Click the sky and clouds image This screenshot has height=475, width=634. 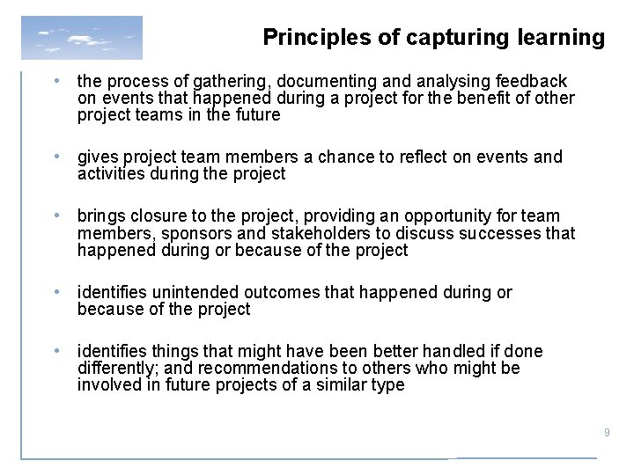81,38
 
